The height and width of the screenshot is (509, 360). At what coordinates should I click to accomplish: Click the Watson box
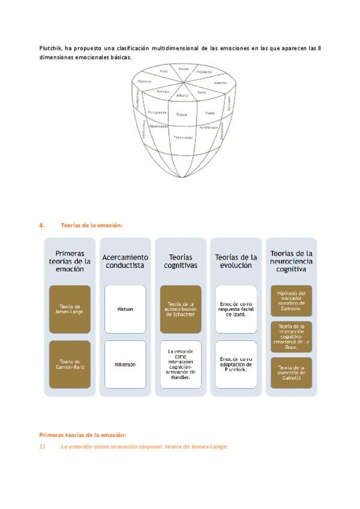tap(125, 309)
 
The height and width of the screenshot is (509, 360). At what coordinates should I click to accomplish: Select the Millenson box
tap(125, 364)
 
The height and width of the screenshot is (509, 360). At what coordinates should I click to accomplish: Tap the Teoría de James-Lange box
tap(70, 309)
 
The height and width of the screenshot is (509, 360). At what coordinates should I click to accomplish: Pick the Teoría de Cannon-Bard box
tap(70, 364)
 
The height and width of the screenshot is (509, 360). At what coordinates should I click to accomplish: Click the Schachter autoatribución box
tap(181, 309)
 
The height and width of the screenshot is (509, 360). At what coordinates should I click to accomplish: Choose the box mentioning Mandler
tap(181, 364)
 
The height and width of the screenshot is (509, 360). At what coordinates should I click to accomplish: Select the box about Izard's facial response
tap(236, 309)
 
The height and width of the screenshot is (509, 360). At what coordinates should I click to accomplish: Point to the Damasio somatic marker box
tap(291, 300)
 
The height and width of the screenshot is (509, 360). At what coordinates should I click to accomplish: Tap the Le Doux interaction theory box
tap(291, 336)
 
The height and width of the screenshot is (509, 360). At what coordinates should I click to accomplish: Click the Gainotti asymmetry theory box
tap(291, 372)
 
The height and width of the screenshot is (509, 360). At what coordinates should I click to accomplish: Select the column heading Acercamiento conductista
tap(125, 261)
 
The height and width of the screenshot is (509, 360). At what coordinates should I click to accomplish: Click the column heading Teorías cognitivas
tap(181, 261)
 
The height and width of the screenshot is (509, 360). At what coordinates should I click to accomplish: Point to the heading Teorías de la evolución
tap(236, 261)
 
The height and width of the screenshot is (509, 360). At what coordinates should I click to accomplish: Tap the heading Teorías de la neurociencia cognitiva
tap(291, 261)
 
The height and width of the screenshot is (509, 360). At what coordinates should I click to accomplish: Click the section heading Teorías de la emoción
tap(91, 225)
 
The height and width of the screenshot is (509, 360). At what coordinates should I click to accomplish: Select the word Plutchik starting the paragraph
tap(50, 48)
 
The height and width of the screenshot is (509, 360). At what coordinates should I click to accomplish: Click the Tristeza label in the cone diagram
tap(182, 114)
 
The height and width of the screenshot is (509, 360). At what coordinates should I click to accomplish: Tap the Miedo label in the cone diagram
tap(210, 113)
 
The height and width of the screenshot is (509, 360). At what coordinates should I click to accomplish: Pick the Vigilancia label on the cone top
tap(144, 80)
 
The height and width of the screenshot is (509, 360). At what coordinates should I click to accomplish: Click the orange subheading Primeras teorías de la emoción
tap(83, 435)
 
